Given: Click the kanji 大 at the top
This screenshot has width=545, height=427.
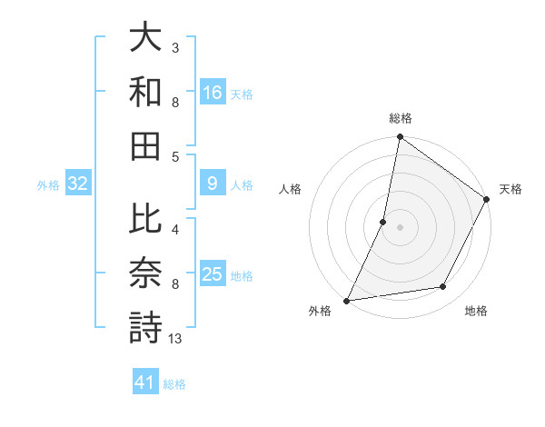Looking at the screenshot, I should [x=145, y=39].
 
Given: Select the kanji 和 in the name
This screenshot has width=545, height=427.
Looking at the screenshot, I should [x=145, y=92].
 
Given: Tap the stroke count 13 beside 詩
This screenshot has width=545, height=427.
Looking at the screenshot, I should [x=175, y=340].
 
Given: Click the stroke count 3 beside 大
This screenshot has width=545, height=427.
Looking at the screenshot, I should [x=175, y=47].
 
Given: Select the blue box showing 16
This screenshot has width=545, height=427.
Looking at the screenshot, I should [x=213, y=93].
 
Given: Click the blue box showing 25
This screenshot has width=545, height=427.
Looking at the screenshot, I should [x=213, y=274].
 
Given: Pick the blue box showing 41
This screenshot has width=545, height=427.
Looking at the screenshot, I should [x=145, y=382].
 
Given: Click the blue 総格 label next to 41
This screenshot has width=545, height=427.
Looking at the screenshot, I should [x=174, y=383].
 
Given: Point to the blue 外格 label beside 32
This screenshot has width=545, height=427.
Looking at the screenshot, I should [x=48, y=185].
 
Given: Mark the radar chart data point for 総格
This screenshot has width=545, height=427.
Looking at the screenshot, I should [x=400, y=138].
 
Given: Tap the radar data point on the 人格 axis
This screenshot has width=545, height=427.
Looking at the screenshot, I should [x=383, y=222].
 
